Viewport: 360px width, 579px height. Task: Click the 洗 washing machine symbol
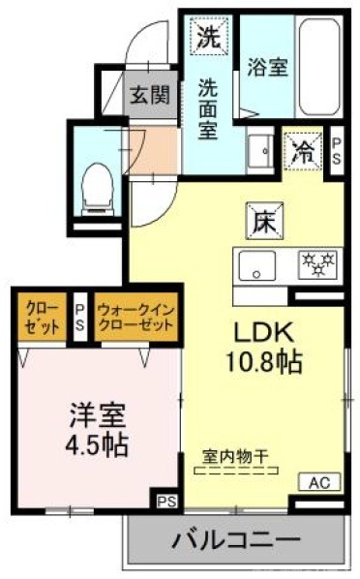tap(208, 38)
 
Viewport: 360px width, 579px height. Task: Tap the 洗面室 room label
tap(208, 108)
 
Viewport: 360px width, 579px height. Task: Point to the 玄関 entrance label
tap(151, 95)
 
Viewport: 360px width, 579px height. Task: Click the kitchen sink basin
tap(254, 263)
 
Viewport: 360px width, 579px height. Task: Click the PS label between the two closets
tap(79, 317)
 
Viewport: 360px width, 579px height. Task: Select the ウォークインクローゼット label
tap(136, 315)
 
